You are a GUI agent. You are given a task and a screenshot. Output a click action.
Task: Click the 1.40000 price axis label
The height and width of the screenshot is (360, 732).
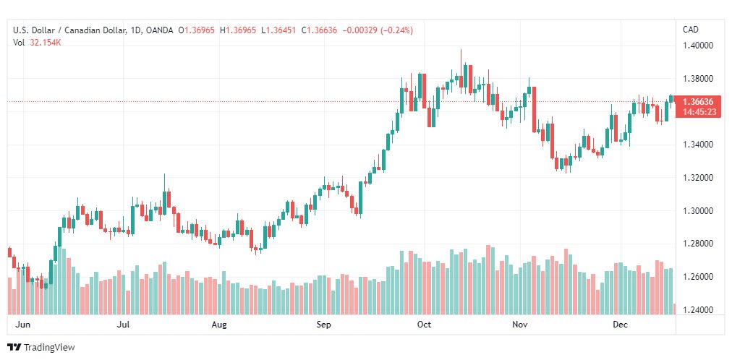coord(699,46)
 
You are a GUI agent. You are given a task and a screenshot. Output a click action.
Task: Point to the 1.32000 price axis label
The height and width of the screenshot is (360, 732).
coord(699,178)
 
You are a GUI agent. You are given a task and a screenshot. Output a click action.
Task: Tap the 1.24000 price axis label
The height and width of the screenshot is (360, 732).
coord(699,310)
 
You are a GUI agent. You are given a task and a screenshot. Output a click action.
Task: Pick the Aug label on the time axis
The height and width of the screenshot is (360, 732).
coord(219,325)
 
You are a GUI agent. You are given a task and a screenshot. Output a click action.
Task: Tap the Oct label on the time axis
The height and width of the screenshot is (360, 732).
coord(424,325)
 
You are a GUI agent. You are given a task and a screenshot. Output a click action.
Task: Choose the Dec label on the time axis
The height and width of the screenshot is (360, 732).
coord(620,325)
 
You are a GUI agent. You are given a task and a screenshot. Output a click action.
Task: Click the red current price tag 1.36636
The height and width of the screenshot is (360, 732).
coord(699,102)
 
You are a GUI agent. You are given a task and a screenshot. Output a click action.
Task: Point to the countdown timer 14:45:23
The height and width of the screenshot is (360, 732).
coord(699,112)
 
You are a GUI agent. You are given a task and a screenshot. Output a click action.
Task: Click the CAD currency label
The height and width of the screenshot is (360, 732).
coord(691,30)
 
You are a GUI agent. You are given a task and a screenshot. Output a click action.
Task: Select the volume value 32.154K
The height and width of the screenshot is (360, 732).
coord(45,42)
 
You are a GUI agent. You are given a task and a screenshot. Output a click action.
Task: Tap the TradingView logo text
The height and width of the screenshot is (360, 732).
coord(49,348)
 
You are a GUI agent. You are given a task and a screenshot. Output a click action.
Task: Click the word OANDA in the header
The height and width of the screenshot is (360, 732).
coord(159,30)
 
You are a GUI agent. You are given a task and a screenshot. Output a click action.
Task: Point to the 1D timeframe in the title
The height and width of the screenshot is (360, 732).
coord(134,30)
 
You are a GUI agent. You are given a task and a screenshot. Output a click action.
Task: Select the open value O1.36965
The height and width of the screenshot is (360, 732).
coord(199,30)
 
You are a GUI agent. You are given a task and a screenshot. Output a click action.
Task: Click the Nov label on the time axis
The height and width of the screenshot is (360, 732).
coord(519,325)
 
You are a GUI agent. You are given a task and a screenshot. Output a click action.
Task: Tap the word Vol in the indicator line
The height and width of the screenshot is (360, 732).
coord(19,42)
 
